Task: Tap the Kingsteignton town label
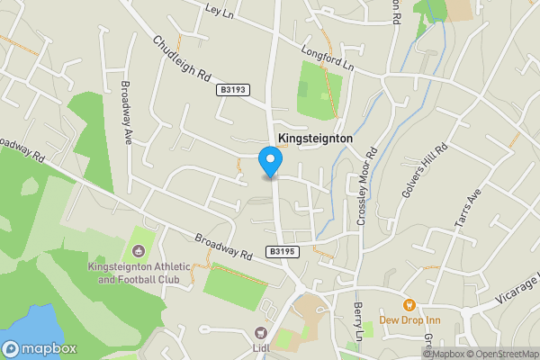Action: (315, 139)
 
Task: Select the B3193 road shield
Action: (232, 90)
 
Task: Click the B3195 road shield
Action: (282, 252)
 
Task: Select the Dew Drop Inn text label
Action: (409, 320)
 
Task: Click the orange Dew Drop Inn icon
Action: (409, 305)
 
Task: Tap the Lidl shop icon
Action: (263, 332)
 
